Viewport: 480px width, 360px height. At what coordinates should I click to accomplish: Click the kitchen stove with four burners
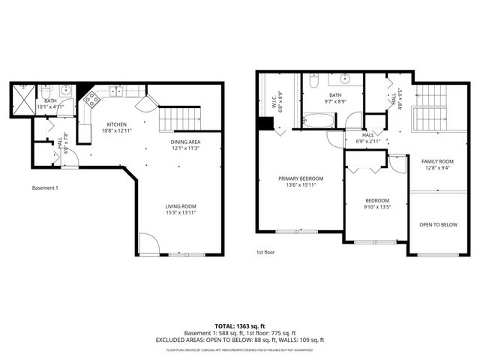[91, 97]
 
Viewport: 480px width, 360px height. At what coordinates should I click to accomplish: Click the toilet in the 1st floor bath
[316, 80]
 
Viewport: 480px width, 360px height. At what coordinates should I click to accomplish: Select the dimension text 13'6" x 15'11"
[301, 185]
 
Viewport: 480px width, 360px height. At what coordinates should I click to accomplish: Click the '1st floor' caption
[265, 253]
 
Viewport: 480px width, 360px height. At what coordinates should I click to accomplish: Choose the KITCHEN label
[116, 124]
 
